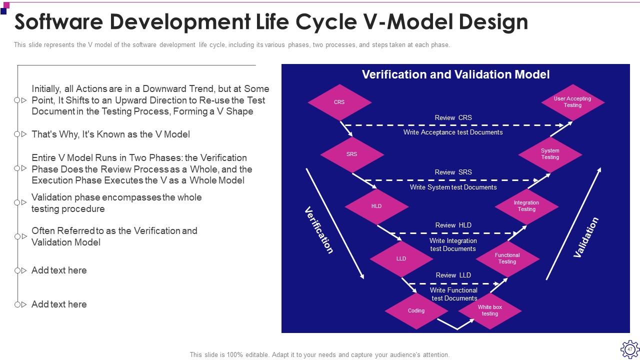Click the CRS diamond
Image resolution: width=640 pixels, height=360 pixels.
339,102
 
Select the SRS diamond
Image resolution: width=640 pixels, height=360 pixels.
352,154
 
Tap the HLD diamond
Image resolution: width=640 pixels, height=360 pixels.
376,206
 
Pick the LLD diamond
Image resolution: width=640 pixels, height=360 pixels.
401,258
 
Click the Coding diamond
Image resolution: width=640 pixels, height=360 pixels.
416,310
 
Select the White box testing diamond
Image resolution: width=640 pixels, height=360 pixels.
490,310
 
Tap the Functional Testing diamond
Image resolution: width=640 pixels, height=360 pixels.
507,258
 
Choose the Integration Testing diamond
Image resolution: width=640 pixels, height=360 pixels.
526,206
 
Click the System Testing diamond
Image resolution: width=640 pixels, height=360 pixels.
550,154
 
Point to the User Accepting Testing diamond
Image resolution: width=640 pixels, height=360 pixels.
572,102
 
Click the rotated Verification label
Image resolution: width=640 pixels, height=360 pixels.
319,230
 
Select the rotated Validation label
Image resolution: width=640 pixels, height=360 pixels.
585,237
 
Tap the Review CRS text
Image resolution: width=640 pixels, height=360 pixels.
453,118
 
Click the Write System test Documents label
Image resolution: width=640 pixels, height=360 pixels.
453,187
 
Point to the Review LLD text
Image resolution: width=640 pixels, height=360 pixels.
453,275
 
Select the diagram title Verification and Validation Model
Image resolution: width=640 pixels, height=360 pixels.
455,74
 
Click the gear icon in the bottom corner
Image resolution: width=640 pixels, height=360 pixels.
629,349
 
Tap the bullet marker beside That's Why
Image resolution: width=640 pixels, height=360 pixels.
20,134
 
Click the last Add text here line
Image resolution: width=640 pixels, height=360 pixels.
59,304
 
